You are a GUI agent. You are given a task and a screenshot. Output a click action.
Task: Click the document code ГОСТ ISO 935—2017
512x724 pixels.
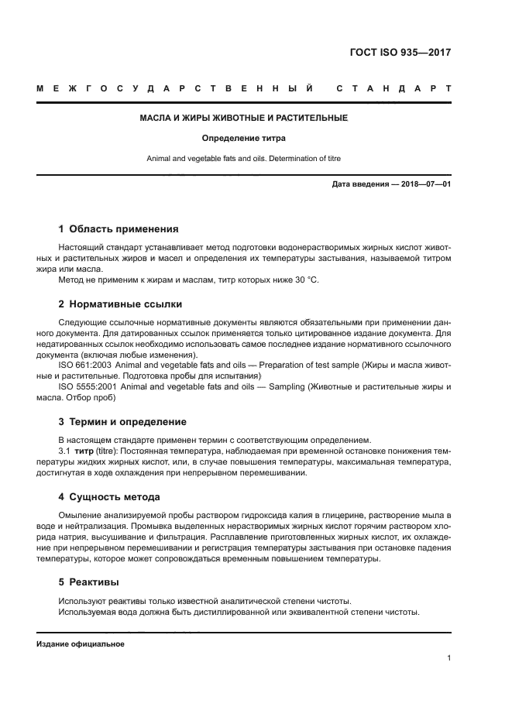pyautogui.click(x=400, y=53)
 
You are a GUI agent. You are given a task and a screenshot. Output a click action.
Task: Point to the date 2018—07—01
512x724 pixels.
pyautogui.click(x=424, y=184)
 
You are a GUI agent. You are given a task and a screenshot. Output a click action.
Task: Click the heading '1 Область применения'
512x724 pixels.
pyautogui.click(x=119, y=229)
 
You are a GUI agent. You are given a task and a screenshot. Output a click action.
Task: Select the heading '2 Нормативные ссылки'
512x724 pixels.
pyautogui.click(x=120, y=304)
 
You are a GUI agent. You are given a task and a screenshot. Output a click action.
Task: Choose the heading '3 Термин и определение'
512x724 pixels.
pyautogui.click(x=122, y=422)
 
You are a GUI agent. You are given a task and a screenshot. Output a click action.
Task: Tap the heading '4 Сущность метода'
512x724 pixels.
pyautogui.click(x=109, y=496)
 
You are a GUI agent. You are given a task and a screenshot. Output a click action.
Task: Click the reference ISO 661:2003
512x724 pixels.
pyautogui.click(x=87, y=364)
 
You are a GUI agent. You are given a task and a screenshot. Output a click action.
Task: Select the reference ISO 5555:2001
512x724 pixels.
pyautogui.click(x=89, y=386)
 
